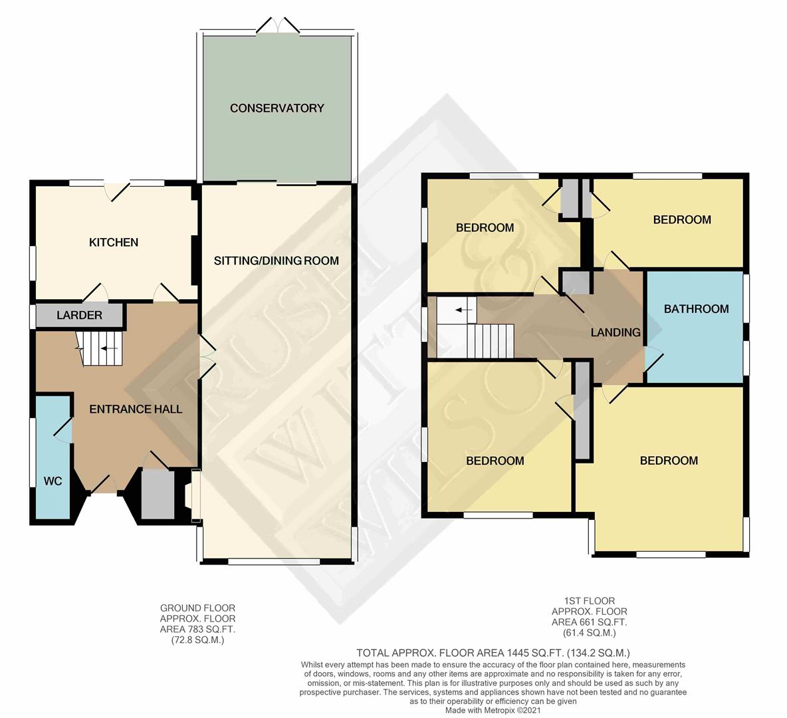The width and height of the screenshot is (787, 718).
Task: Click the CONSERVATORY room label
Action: coord(277,108)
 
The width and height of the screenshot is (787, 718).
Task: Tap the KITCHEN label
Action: coord(114,243)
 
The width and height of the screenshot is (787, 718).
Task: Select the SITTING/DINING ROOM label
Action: coord(276,261)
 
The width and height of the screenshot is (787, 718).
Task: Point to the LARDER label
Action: coord(79,315)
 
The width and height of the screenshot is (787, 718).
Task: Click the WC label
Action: coord(53,481)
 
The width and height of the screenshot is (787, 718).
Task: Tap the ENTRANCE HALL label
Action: coord(136,410)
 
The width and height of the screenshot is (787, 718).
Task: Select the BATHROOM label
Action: coord(696,309)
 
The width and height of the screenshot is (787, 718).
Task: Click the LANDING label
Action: coord(616,332)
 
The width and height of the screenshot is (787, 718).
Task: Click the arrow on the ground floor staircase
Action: coord(111,348)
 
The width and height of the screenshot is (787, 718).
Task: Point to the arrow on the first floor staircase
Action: coord(464,310)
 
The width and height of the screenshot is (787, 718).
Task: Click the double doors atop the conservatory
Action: coord(278,25)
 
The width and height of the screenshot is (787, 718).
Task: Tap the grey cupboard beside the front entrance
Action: coord(158,495)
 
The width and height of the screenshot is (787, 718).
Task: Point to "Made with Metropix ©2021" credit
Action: coord(493,711)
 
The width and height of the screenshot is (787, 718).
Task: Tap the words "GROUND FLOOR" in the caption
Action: coord(197,608)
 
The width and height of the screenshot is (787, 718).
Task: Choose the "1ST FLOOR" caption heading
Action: coord(589,600)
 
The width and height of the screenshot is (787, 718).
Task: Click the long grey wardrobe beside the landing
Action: coord(582,411)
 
